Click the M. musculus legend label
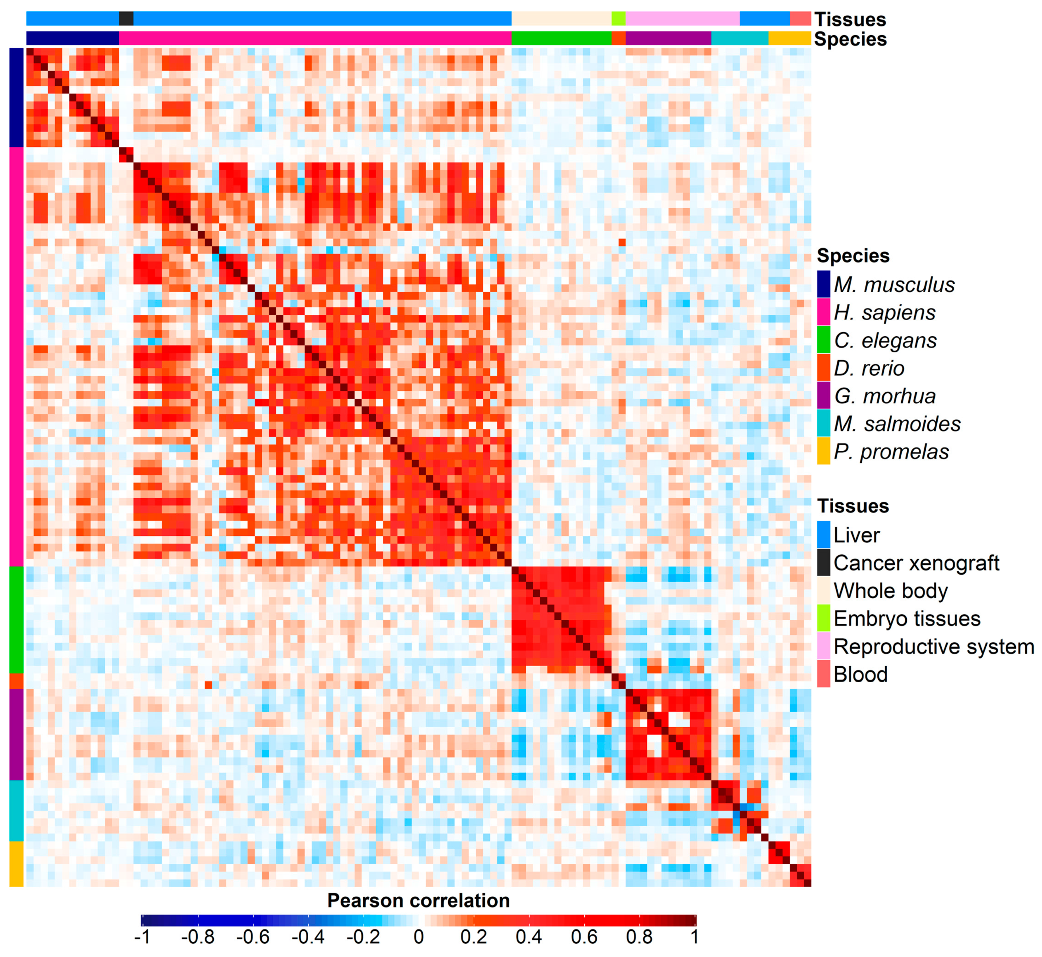(894, 285)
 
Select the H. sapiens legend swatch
(823, 312)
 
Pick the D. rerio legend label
(869, 369)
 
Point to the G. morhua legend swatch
(823, 396)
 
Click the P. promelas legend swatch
(823, 451)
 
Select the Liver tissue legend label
(857, 535)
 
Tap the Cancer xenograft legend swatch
(823, 563)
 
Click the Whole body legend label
(891, 591)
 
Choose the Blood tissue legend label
(861, 675)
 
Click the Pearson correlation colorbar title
(418, 901)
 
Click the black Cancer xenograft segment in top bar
(126, 19)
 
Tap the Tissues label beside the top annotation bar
(850, 19)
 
